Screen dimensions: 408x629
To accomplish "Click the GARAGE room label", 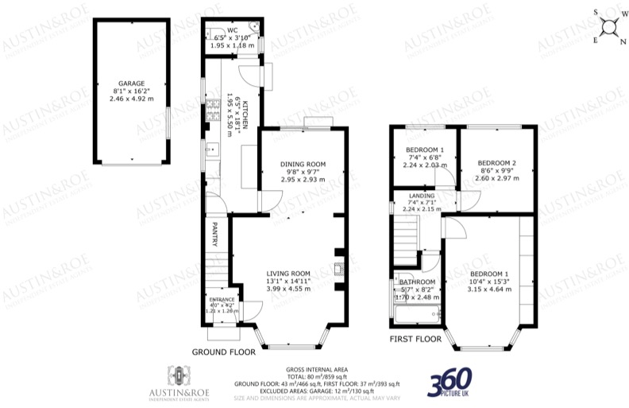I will tap(131, 83).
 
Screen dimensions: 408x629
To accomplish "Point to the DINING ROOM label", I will tap(303, 165).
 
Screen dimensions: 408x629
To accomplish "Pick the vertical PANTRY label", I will tap(214, 234).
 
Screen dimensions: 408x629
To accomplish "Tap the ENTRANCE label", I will tap(222, 300).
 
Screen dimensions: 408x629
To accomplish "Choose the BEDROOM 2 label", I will tap(497, 163).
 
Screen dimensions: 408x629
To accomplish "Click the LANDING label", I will tap(422, 196).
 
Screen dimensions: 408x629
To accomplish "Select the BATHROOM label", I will tap(417, 282).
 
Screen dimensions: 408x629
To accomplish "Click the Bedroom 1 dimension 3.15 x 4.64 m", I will tap(488, 289).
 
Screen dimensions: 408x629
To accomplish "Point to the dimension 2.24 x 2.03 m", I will tap(425, 165).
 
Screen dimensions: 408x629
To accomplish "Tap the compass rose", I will tap(610, 26).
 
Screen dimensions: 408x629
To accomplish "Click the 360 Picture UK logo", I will tap(450, 381).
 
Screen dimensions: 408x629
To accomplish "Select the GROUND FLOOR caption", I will tap(222, 351).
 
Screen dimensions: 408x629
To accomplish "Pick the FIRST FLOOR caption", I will tap(415, 339).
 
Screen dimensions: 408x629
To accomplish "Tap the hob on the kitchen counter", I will tap(213, 112).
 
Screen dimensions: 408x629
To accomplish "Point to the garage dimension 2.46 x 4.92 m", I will tap(131, 98).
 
